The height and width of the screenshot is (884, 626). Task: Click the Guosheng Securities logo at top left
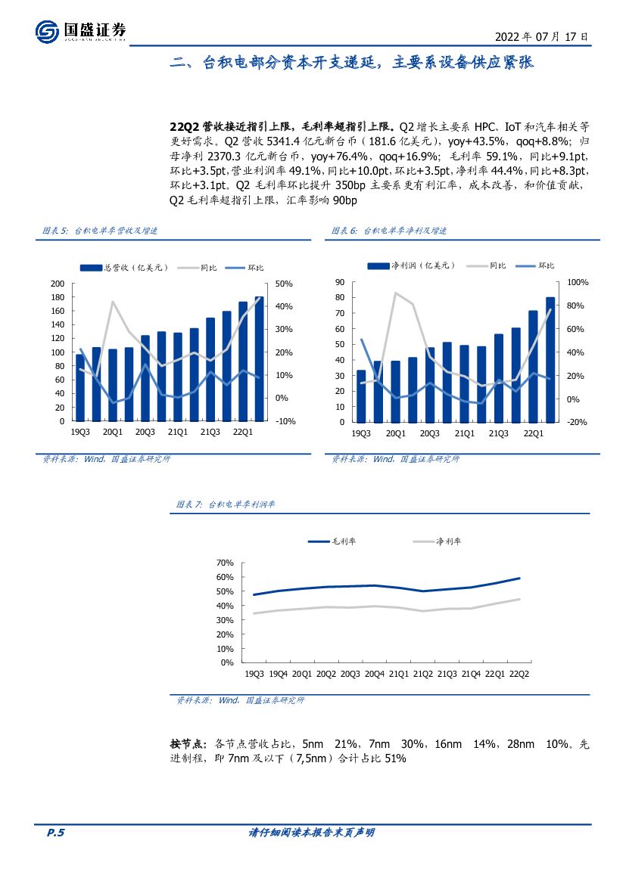pyautogui.click(x=80, y=31)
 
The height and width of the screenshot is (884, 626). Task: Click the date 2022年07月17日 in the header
pyautogui.click(x=540, y=36)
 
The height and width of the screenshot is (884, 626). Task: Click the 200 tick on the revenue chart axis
pyautogui.click(x=58, y=284)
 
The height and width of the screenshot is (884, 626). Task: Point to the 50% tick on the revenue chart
pyautogui.click(x=284, y=284)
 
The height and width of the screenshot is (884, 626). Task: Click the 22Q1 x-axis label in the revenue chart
pyautogui.click(x=242, y=432)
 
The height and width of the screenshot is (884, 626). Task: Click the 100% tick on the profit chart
pyautogui.click(x=567, y=282)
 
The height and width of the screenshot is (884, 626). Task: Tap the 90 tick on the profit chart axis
pyautogui.click(x=339, y=282)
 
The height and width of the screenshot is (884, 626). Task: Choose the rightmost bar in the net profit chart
pyautogui.click(x=550, y=359)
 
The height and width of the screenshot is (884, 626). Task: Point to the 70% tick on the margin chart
pyautogui.click(x=226, y=563)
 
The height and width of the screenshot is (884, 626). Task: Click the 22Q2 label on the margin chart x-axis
pyautogui.click(x=519, y=673)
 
